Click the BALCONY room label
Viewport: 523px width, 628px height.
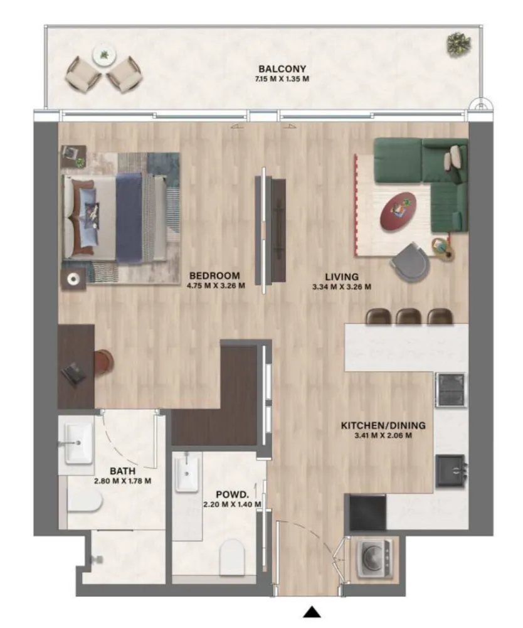[282, 69]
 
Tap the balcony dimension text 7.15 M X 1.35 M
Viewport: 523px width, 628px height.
[282, 79]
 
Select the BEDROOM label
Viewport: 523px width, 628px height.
[214, 275]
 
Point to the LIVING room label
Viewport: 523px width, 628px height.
[342, 277]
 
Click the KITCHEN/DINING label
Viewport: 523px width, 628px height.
[383, 425]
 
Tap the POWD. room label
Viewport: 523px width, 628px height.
[232, 494]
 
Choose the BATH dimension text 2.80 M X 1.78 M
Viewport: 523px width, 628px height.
[122, 481]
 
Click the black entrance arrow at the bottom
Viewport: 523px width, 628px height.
[312, 612]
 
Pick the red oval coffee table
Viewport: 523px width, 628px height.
[398, 211]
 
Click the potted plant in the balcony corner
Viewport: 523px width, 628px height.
[458, 44]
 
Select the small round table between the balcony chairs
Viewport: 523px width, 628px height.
[105, 55]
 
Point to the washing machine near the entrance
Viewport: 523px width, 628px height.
[374, 559]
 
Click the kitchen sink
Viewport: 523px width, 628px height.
[450, 471]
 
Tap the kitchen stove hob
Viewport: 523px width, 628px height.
[451, 390]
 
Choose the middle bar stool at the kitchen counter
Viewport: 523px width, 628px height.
[408, 316]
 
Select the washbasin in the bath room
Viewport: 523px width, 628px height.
[78, 443]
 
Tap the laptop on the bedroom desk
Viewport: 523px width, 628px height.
[73, 373]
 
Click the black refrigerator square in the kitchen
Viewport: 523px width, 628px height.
[367, 513]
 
